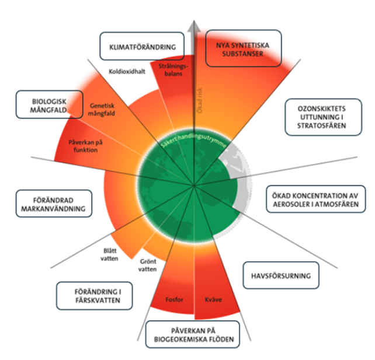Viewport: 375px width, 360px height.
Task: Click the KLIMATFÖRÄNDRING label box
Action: (x=142, y=46)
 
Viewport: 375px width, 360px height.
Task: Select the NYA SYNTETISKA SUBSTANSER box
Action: (x=244, y=48)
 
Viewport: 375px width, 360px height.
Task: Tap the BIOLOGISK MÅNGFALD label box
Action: (x=50, y=104)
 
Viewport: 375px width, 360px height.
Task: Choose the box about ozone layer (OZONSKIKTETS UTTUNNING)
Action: (x=324, y=117)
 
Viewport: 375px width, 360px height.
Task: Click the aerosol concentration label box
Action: (x=315, y=199)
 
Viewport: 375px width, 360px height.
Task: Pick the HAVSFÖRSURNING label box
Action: (x=281, y=275)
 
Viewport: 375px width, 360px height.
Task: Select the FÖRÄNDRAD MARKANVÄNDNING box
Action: (x=54, y=204)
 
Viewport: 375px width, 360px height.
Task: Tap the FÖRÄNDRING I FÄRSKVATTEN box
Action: (x=95, y=296)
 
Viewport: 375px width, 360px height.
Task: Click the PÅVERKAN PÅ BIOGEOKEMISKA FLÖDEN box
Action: (x=193, y=334)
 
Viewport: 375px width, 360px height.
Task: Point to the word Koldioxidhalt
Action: (x=127, y=71)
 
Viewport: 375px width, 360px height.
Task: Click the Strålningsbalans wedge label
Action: (x=173, y=70)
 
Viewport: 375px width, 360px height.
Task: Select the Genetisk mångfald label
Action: (x=102, y=110)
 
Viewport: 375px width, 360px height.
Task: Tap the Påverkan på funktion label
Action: (x=86, y=146)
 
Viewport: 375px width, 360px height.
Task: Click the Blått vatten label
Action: (x=110, y=254)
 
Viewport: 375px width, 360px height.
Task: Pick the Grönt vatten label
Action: (x=148, y=265)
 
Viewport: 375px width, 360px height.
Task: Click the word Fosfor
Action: (x=174, y=299)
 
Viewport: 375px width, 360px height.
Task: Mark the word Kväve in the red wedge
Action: (x=213, y=299)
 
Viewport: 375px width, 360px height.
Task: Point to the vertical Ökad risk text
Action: (x=199, y=100)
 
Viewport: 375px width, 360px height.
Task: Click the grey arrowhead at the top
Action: (x=194, y=26)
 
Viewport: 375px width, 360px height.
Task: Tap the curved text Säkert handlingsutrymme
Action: (x=193, y=140)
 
